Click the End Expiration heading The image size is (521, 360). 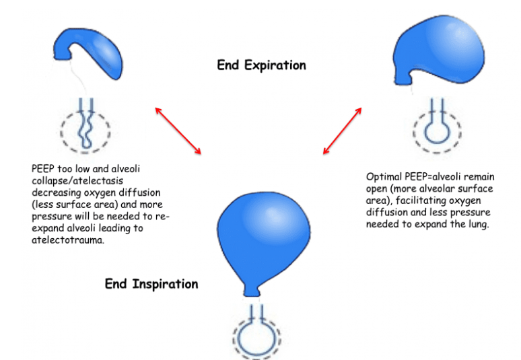click(x=261, y=65)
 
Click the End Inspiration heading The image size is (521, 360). click(x=151, y=283)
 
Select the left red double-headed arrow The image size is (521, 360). click(x=178, y=129)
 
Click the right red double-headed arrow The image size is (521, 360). click(x=343, y=129)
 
